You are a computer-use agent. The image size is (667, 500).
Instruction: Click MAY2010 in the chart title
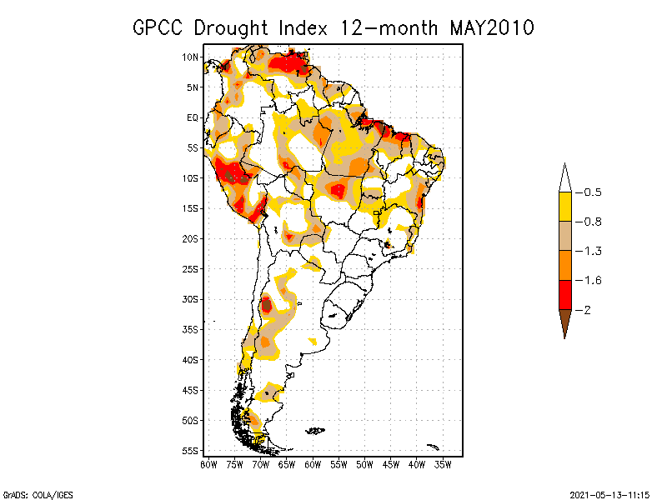491,27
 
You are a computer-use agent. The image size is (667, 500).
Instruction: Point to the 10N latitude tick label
191,57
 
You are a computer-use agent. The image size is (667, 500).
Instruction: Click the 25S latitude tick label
191,268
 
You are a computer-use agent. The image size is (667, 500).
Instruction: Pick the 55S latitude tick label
191,450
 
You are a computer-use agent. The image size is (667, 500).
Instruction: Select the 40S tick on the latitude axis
191,359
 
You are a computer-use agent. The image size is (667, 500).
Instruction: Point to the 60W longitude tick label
313,464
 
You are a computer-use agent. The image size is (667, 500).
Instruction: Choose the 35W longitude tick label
444,464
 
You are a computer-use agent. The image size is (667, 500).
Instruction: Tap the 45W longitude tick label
391,464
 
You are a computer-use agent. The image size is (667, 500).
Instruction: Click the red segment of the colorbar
565,295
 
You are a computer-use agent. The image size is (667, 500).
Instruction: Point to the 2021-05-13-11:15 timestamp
609,493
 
